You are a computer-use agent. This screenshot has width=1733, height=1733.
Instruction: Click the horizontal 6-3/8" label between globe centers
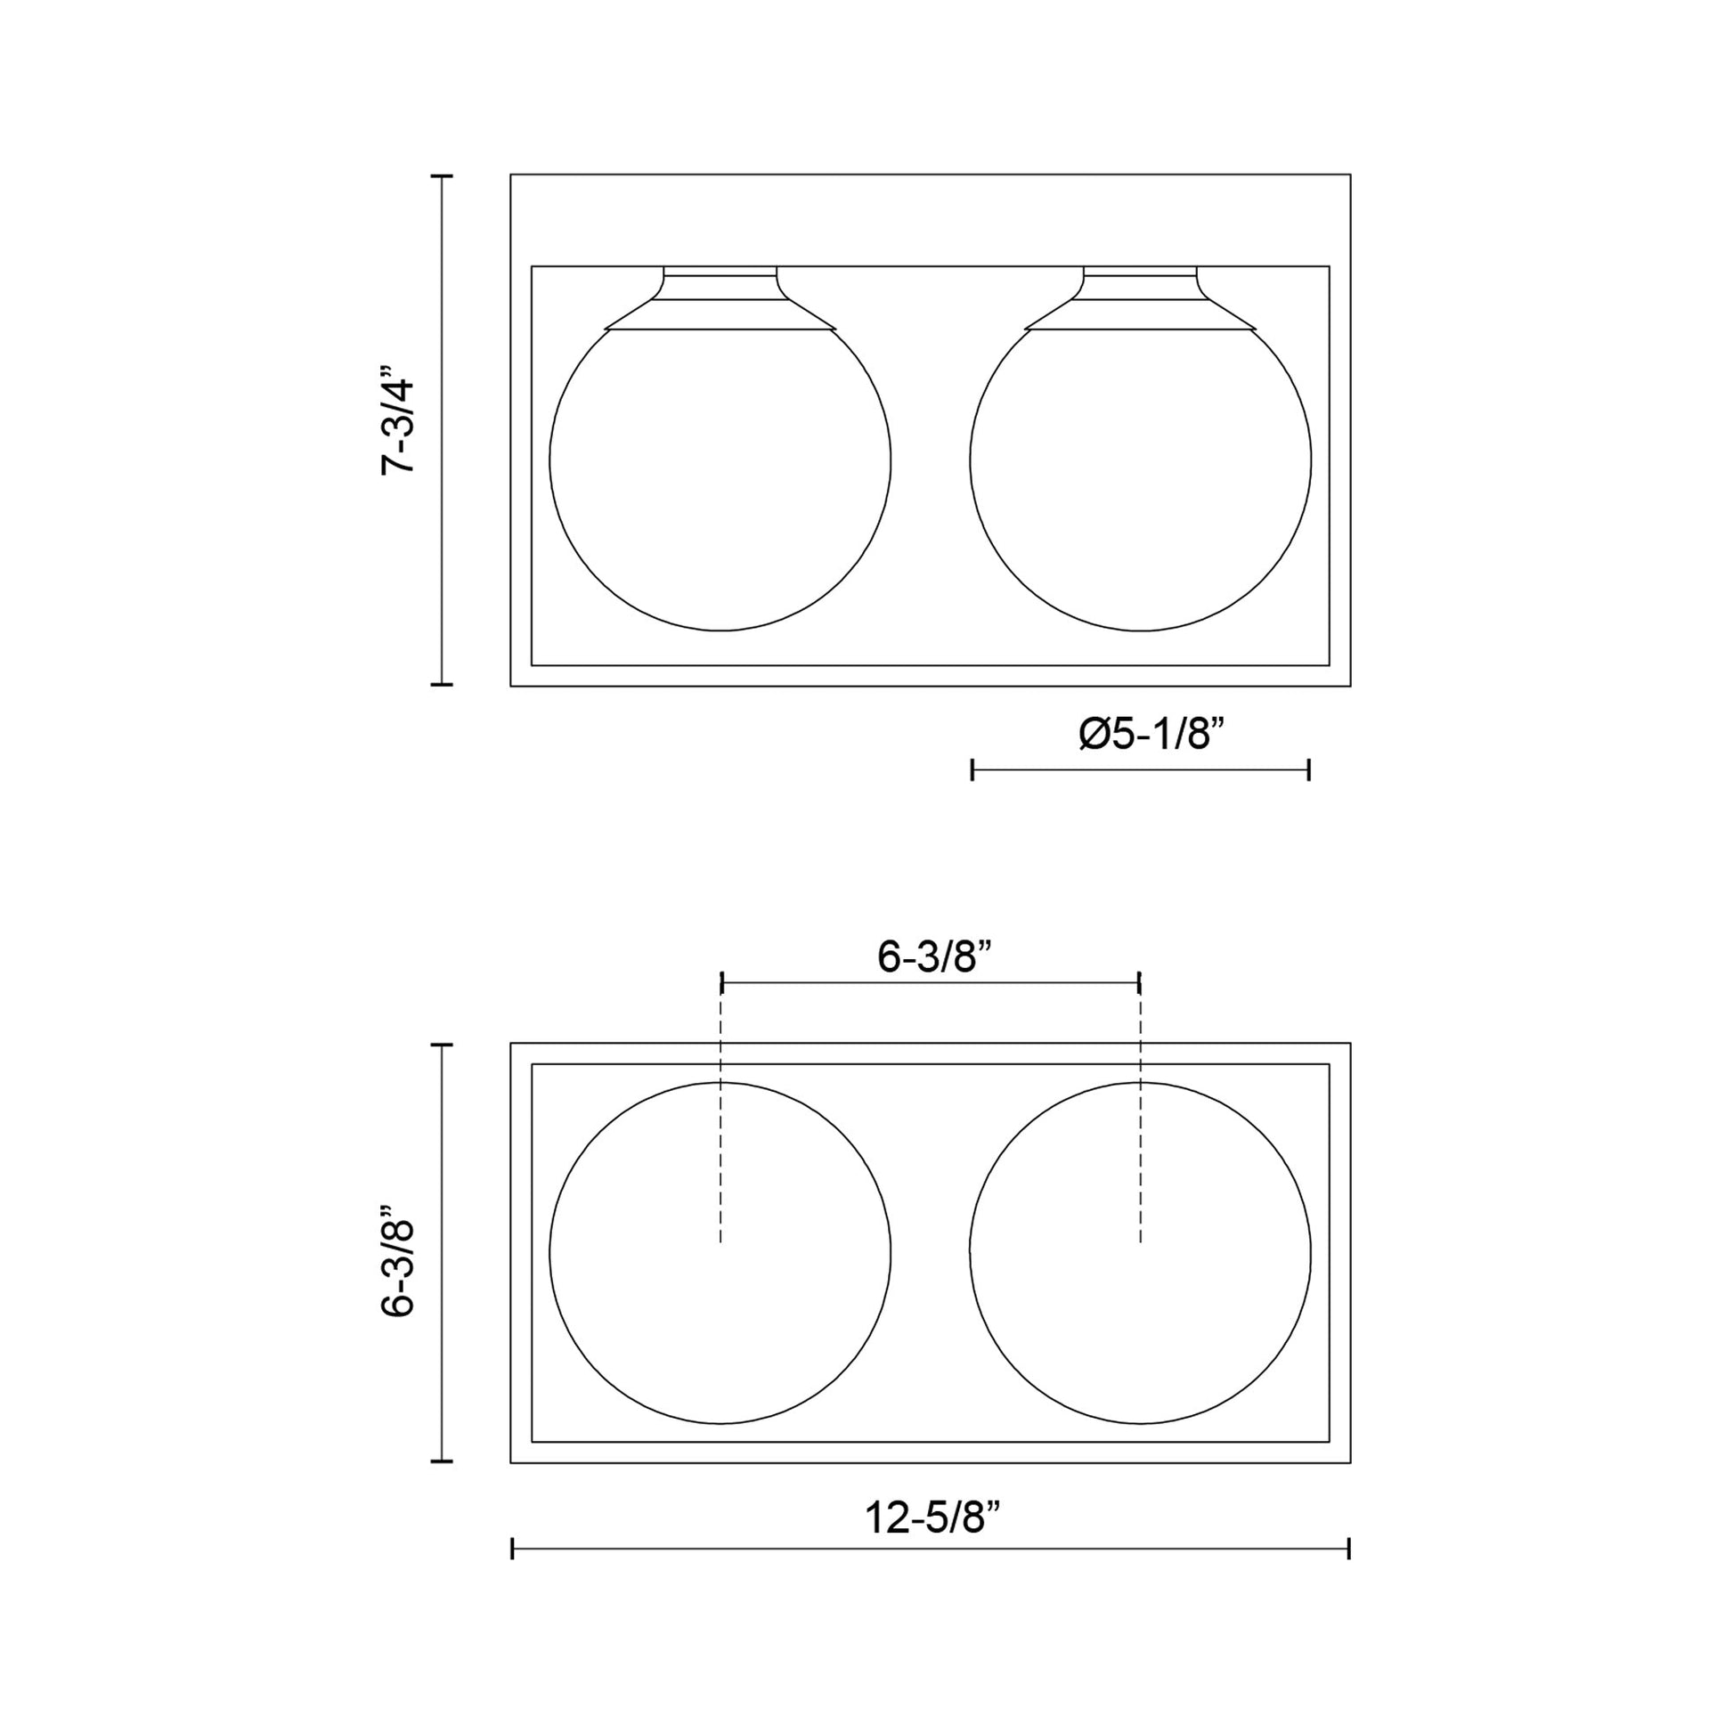[x=934, y=957]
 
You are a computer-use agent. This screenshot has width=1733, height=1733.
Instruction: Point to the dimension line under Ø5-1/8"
[x=1140, y=769]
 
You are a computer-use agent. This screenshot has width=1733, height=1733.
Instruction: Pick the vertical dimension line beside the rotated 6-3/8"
[x=442, y=1256]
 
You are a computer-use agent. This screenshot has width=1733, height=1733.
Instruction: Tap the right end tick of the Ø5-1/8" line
[x=1309, y=769]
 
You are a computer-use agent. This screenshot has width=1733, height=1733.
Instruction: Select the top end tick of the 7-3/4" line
[x=442, y=176]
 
